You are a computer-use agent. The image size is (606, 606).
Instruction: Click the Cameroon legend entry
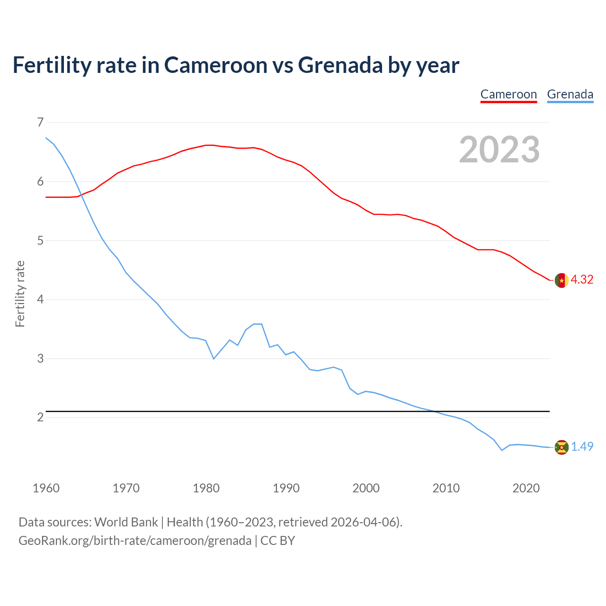(508, 94)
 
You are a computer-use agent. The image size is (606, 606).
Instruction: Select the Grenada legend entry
(570, 94)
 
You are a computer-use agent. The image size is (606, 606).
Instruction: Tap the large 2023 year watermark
(499, 150)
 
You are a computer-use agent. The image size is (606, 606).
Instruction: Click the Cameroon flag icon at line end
(561, 280)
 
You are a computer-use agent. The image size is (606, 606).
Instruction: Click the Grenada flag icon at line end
(561, 447)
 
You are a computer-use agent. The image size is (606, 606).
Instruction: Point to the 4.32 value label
(582, 280)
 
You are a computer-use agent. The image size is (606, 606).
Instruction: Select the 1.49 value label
(582, 446)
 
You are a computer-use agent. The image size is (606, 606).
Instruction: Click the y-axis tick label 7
(40, 123)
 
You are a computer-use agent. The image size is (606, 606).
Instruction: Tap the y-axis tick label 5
(40, 241)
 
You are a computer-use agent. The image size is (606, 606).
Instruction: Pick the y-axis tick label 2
(40, 417)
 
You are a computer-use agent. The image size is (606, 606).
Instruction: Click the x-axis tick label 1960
(46, 488)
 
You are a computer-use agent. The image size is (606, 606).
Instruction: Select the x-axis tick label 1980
(206, 488)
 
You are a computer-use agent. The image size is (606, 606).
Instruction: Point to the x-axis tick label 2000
(366, 488)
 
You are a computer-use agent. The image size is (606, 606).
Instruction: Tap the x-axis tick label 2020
(526, 488)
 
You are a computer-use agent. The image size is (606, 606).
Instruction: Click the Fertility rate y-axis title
(20, 294)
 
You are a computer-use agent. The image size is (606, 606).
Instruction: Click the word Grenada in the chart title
(340, 65)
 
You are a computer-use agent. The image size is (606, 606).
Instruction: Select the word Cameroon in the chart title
(216, 65)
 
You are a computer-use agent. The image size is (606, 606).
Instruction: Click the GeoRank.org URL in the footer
(135, 541)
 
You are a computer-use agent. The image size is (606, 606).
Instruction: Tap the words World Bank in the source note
(126, 522)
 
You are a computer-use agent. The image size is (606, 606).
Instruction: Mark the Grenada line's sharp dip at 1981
(214, 358)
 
